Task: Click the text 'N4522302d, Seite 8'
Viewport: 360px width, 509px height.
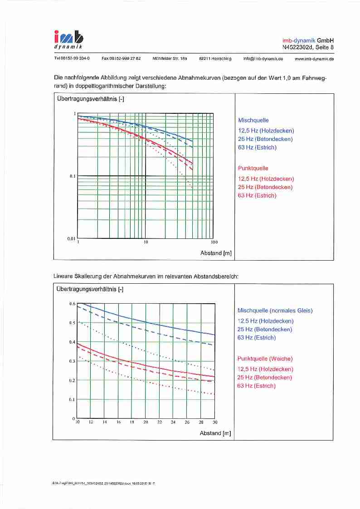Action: [308, 47]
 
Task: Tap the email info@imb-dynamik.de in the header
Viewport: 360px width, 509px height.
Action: [263, 58]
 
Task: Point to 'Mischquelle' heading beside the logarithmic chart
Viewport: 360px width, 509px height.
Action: [253, 121]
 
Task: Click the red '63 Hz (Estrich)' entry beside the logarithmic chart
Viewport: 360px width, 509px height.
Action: [257, 195]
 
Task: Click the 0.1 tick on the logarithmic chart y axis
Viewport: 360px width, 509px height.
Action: [72, 176]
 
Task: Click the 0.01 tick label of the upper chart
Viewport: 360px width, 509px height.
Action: [71, 238]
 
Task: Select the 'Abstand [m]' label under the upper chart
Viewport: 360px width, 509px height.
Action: [216, 253]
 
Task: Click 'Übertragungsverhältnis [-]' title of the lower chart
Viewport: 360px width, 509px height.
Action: [90, 289]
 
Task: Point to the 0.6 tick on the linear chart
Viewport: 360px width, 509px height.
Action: [72, 304]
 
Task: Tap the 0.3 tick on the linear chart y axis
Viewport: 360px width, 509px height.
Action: [72, 361]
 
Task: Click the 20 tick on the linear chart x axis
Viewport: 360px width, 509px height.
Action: [146, 422]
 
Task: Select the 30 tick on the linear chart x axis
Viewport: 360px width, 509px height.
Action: [215, 422]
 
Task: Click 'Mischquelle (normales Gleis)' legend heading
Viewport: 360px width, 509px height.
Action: [275, 311]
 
